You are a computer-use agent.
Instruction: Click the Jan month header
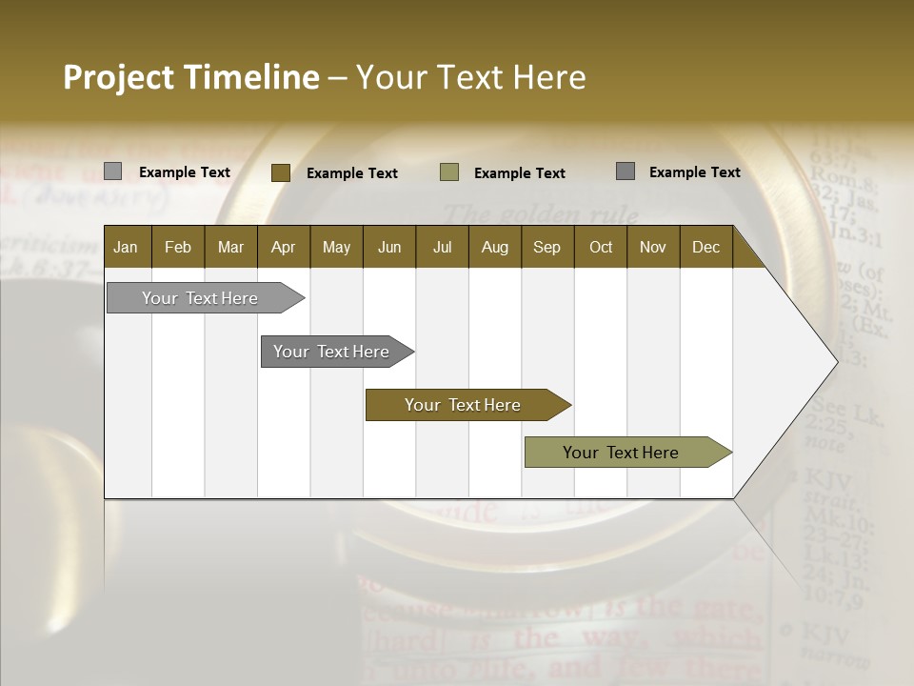click(126, 247)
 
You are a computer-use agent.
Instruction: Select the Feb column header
click(178, 247)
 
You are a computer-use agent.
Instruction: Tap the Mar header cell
click(230, 247)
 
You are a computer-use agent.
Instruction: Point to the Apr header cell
click(283, 247)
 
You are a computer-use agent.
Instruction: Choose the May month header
click(336, 247)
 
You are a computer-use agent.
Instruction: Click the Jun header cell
click(389, 247)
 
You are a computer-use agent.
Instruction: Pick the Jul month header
click(442, 247)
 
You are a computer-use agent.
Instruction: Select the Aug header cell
click(494, 247)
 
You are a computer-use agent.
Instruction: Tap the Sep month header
click(546, 247)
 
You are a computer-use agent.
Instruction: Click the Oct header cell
click(601, 247)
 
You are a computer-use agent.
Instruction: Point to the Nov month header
click(653, 247)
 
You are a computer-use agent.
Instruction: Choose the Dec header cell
click(705, 247)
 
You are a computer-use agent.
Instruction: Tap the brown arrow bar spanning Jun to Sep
click(464, 405)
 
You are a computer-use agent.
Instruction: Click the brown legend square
click(280, 172)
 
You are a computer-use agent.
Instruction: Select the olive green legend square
click(449, 172)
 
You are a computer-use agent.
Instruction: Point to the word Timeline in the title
click(252, 77)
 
